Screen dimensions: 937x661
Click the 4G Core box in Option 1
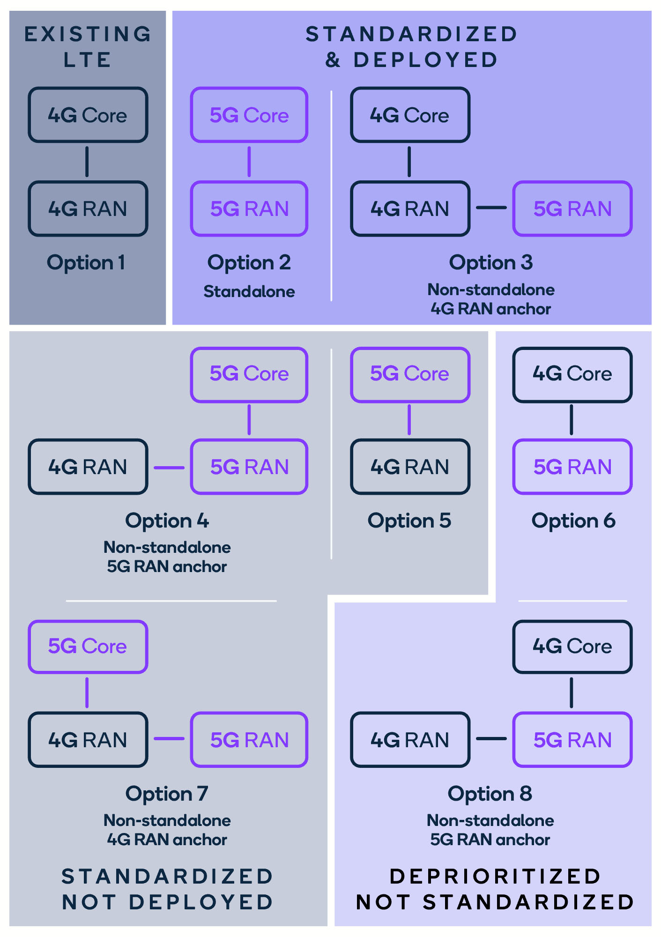pos(88,115)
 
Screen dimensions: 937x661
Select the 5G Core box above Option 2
pos(249,115)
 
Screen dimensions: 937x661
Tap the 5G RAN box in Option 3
pos(572,208)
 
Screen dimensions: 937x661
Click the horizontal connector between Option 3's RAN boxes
pos(491,208)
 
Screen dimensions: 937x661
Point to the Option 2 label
pos(249,262)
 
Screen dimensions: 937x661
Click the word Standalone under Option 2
pos(249,291)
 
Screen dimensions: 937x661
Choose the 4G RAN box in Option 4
pos(88,467)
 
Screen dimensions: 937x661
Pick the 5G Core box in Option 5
pos(409,374)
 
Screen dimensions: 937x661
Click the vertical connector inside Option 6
pos(571,420)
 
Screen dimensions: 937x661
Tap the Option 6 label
pos(573,521)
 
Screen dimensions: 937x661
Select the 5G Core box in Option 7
pos(88,647)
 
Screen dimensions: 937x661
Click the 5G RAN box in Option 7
pos(249,740)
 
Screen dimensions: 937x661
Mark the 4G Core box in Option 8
pos(572,647)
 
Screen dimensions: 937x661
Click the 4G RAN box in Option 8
pos(409,740)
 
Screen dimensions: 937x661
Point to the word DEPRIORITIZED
pos(495,876)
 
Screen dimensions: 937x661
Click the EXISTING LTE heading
pos(88,47)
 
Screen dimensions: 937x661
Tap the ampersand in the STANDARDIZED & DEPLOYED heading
pos(333,60)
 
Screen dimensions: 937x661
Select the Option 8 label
pos(490,794)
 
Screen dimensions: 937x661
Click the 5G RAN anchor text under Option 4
pos(167,566)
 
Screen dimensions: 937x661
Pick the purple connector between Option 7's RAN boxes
pos(169,739)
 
